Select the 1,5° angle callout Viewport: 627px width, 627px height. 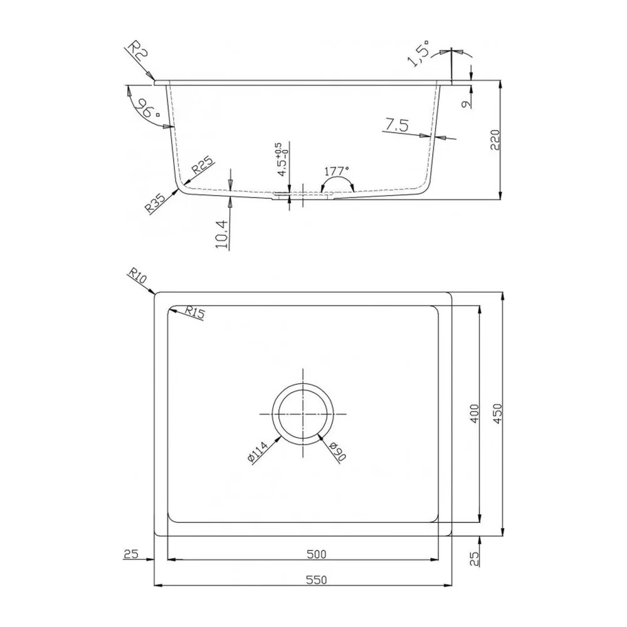tap(418, 53)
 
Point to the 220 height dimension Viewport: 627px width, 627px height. tap(495, 140)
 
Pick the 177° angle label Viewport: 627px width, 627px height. tap(337, 171)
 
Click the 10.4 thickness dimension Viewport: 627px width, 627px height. tap(223, 234)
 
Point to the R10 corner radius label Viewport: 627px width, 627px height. tap(137, 276)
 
